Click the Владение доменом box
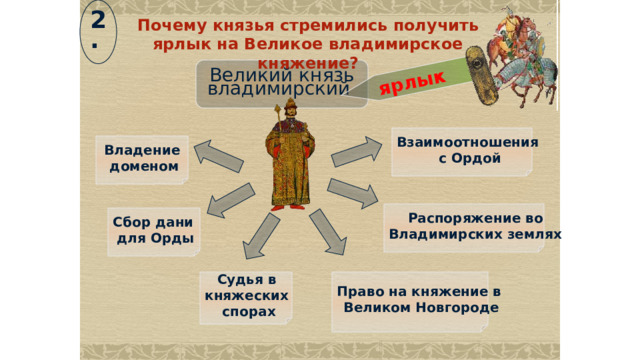click(x=142, y=158)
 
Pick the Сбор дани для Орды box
click(x=154, y=230)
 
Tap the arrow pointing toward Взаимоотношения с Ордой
click(x=357, y=150)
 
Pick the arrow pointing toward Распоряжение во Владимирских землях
click(x=352, y=193)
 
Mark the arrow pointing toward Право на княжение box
click(x=328, y=232)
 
